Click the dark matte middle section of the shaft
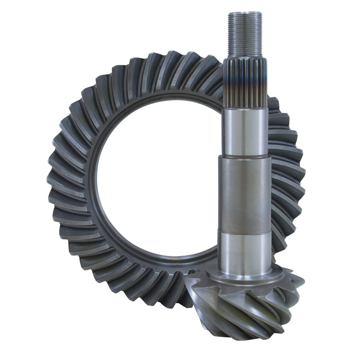tap(245, 192)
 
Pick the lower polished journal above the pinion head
tap(245, 250)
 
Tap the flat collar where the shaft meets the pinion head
tap(245, 278)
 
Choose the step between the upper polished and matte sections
tap(245, 157)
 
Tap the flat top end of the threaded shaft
tap(244, 12)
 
